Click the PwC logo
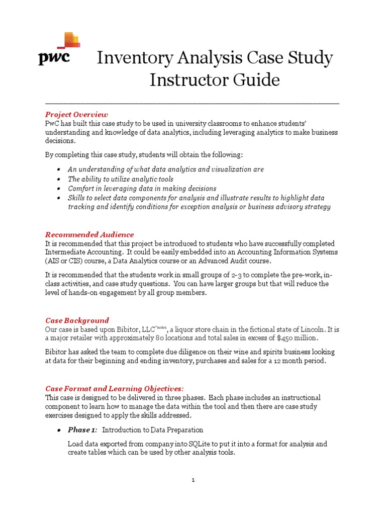tap(57, 50)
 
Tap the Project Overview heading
tap(76, 114)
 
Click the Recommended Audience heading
tap(89, 234)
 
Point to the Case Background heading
tap(77, 320)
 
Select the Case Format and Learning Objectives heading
tap(115, 389)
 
